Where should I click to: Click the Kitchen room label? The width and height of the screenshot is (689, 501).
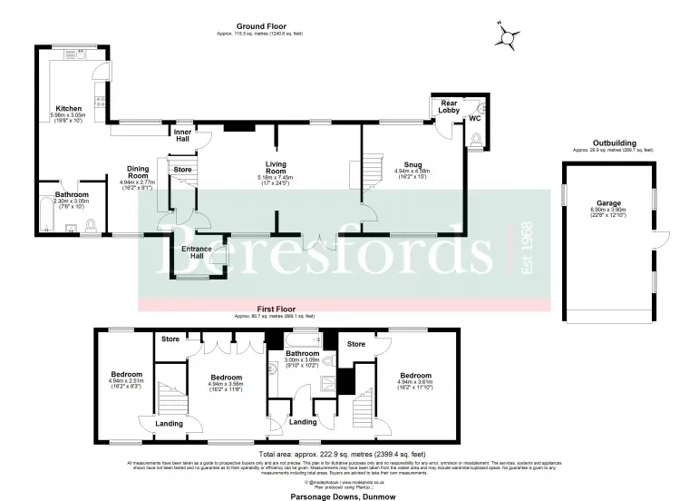(70, 109)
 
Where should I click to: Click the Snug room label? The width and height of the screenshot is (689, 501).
(412, 163)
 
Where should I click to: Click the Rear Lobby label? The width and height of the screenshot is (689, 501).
(450, 106)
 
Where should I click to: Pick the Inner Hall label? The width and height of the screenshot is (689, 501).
(182, 134)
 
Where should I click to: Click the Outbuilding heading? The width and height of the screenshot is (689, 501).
(613, 142)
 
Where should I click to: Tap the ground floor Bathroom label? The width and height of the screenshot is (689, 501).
(71, 194)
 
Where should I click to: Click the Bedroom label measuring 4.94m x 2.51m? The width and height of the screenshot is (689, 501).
(126, 374)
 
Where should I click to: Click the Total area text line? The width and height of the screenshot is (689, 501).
(341, 453)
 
